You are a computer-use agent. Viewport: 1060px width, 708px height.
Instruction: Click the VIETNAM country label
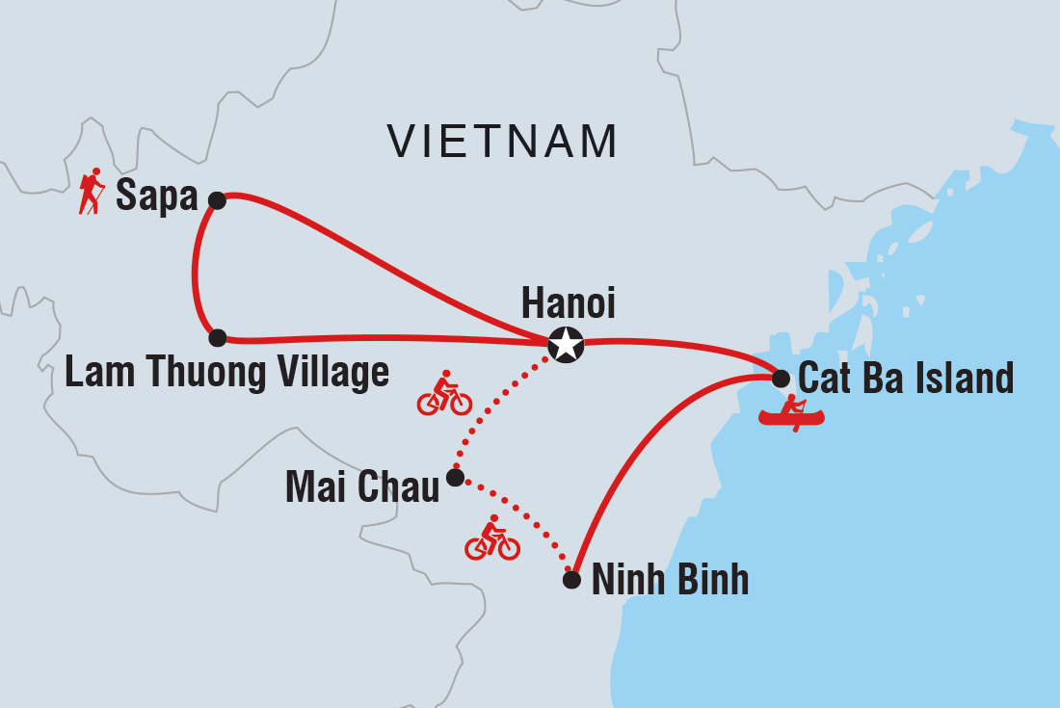click(502, 142)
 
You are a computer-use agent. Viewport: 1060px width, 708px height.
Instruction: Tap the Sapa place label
click(156, 197)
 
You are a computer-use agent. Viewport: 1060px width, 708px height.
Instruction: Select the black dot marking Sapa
click(217, 200)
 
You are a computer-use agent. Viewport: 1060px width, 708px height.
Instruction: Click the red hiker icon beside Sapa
click(93, 191)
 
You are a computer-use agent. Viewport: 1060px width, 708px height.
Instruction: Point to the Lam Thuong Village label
click(226, 373)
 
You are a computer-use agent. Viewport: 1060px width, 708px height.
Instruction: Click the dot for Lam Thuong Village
click(217, 338)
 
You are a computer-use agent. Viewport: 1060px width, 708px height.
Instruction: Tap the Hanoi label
click(568, 303)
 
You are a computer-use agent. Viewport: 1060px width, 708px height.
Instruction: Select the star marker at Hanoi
click(566, 344)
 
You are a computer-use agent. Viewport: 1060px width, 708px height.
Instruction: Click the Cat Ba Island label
click(906, 379)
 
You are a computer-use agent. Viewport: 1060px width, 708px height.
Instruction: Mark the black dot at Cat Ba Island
click(781, 379)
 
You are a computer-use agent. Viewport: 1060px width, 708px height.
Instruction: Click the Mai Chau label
click(362, 487)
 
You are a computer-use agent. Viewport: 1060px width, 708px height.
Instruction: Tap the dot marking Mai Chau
click(456, 476)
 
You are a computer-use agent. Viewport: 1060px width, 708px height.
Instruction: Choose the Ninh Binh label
click(670, 580)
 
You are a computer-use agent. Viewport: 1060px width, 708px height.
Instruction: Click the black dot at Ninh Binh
click(571, 580)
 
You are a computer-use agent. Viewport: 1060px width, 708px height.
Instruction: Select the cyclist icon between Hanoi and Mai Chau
click(444, 394)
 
